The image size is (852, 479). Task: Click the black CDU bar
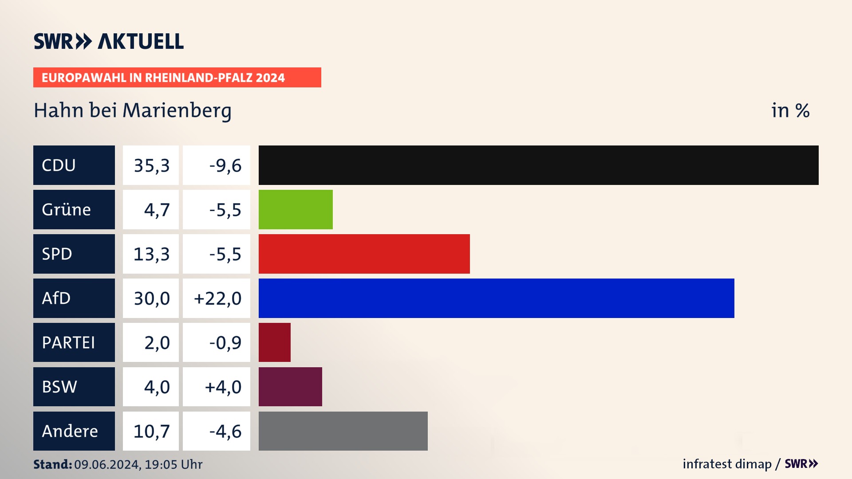pyautogui.click(x=538, y=165)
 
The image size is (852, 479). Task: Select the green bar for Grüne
pyautogui.click(x=296, y=209)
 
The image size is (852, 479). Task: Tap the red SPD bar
pyautogui.click(x=364, y=254)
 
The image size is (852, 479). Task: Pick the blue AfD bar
pyautogui.click(x=496, y=298)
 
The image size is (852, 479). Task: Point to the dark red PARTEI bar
pyautogui.click(x=274, y=342)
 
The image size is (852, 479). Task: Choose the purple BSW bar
pyautogui.click(x=290, y=387)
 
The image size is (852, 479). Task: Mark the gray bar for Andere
pyautogui.click(x=343, y=431)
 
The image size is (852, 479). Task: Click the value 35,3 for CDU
pyautogui.click(x=151, y=165)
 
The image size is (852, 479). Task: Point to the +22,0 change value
pyautogui.click(x=217, y=298)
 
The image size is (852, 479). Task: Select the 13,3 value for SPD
pyautogui.click(x=151, y=254)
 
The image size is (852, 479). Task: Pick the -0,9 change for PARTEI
pyautogui.click(x=225, y=343)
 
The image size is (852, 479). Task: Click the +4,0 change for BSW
pyautogui.click(x=223, y=387)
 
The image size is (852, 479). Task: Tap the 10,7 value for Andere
pyautogui.click(x=151, y=432)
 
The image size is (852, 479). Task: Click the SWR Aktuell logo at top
pyautogui.click(x=109, y=41)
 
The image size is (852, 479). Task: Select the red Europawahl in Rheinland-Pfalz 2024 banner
pyautogui.click(x=177, y=78)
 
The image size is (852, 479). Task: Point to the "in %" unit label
pyautogui.click(x=790, y=110)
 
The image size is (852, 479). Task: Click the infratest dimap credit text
pyautogui.click(x=727, y=464)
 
